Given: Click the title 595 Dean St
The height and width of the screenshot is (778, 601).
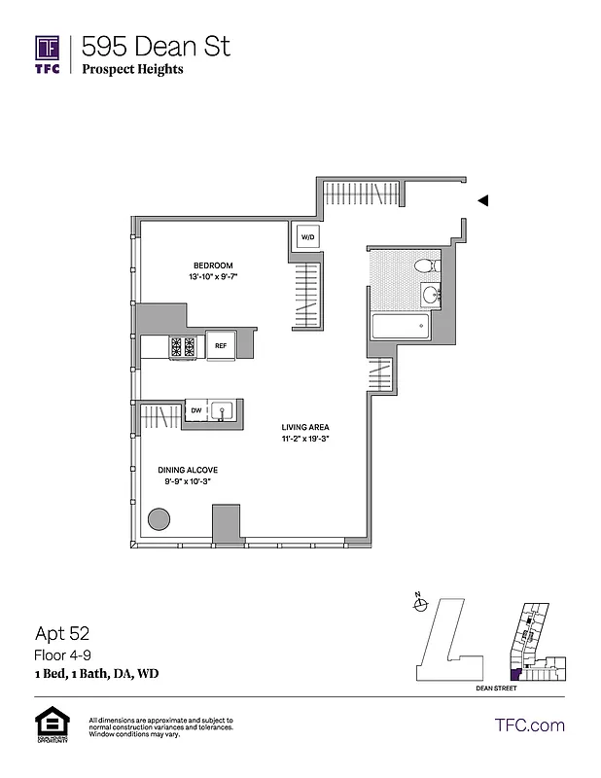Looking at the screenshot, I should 156,46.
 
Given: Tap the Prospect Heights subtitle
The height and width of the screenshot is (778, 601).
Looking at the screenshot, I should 132,70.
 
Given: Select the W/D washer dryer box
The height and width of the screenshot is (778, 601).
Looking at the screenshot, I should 307,237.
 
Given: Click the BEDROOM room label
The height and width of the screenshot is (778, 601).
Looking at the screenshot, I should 213,265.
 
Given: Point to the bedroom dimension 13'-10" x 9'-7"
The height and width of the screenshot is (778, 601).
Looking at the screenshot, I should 213,278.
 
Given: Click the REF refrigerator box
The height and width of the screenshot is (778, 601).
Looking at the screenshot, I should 221,345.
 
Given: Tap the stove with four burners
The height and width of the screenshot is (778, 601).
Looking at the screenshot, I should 183,346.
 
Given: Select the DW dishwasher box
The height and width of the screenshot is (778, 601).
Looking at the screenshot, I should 195,411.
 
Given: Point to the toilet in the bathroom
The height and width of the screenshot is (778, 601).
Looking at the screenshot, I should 426,265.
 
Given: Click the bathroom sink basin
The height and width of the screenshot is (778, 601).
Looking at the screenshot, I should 430,295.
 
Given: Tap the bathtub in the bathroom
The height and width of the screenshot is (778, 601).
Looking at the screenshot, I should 400,327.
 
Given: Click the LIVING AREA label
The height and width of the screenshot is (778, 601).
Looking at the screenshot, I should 303,427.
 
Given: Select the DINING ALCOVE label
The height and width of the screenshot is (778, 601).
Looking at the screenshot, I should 189,470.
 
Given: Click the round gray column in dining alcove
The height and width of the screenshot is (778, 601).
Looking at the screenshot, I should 159,518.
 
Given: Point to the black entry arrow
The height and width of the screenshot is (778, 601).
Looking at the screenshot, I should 482,200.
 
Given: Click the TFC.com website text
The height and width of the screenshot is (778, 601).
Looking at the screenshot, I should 530,725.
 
